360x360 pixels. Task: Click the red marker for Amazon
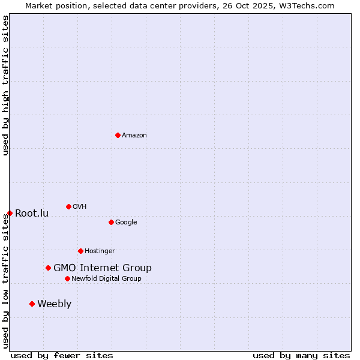(118, 135)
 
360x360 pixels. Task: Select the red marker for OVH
(68, 206)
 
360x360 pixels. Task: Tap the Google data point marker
(111, 222)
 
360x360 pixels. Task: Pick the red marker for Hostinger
(80, 251)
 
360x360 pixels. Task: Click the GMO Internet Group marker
(48, 268)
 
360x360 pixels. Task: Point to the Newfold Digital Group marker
(67, 278)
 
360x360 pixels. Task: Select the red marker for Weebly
(32, 304)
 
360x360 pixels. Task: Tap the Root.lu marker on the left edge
(10, 213)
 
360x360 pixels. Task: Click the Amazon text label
(134, 136)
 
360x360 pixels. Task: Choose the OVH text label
(80, 207)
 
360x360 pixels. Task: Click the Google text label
(126, 223)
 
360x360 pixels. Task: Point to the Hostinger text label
(100, 251)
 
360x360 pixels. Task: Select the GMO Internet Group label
(103, 268)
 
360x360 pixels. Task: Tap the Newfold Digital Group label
(106, 279)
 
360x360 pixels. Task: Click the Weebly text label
(54, 304)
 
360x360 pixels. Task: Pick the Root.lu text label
(32, 214)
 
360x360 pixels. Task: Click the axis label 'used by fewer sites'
(62, 355)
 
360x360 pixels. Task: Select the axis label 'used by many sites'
(301, 355)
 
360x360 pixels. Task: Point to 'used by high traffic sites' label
(5, 86)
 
